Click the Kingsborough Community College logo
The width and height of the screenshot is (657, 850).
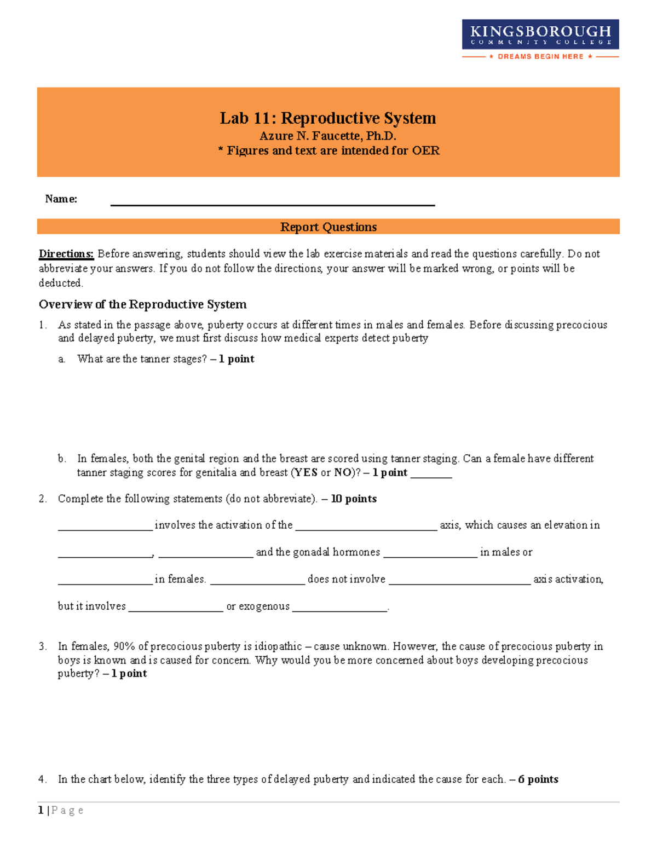(540, 34)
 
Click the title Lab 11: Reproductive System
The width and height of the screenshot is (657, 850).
(328, 118)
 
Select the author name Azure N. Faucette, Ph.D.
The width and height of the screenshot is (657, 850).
(328, 136)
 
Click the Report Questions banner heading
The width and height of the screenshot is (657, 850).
(328, 227)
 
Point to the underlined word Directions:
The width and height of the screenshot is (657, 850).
(66, 254)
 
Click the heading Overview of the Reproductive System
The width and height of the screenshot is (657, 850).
(142, 304)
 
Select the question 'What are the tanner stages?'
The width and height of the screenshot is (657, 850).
(142, 359)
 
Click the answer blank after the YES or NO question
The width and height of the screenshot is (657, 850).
(431, 474)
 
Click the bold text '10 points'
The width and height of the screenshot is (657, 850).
(354, 499)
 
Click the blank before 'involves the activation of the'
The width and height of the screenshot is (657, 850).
(105, 527)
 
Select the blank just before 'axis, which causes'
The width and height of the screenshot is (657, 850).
(366, 527)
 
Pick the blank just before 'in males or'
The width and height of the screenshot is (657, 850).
(430, 554)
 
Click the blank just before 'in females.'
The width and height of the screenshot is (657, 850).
(105, 581)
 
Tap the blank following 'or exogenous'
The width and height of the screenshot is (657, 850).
(339, 608)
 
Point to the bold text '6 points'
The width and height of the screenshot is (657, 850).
(538, 779)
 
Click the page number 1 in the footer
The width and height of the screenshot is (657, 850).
(41, 811)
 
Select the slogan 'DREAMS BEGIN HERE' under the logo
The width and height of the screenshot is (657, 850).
(540, 56)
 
